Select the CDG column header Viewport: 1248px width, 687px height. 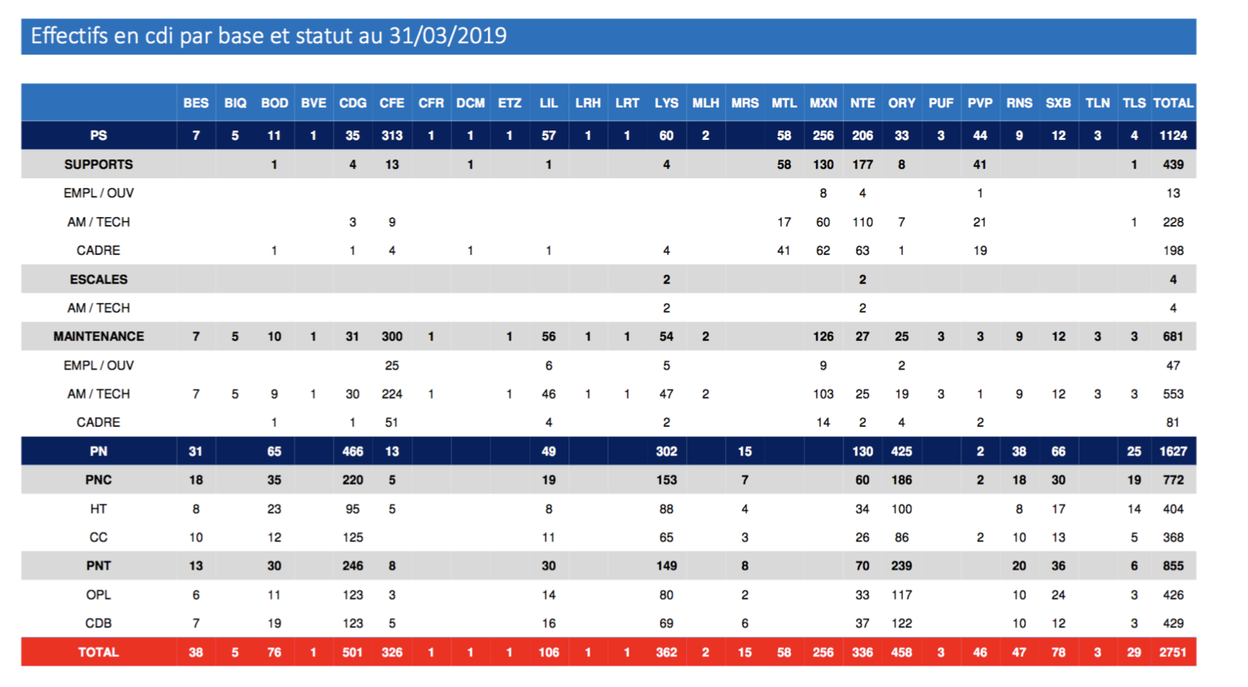click(x=352, y=103)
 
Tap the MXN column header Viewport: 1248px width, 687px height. click(x=823, y=103)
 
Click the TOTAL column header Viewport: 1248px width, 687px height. click(x=1173, y=103)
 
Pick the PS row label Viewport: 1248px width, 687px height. click(x=98, y=135)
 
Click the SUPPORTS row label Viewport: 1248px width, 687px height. click(x=98, y=164)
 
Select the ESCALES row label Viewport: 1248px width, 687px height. click(x=98, y=279)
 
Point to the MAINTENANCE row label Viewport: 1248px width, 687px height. click(x=98, y=336)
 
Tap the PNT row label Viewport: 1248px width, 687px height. click(x=98, y=565)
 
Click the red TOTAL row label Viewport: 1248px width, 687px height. click(x=98, y=652)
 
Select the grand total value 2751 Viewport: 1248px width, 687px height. click(x=1173, y=652)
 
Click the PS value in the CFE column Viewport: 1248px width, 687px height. click(x=391, y=135)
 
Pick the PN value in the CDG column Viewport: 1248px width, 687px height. click(x=352, y=451)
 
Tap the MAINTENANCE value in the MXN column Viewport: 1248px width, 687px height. click(x=823, y=336)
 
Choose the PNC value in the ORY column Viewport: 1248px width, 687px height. click(x=901, y=480)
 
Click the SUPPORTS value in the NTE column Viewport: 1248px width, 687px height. click(x=862, y=164)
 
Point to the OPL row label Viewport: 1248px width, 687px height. click(x=98, y=595)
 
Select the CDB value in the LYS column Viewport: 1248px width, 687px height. click(x=666, y=623)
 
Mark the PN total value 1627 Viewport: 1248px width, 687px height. click(x=1173, y=451)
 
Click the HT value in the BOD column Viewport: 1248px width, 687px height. click(x=274, y=509)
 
